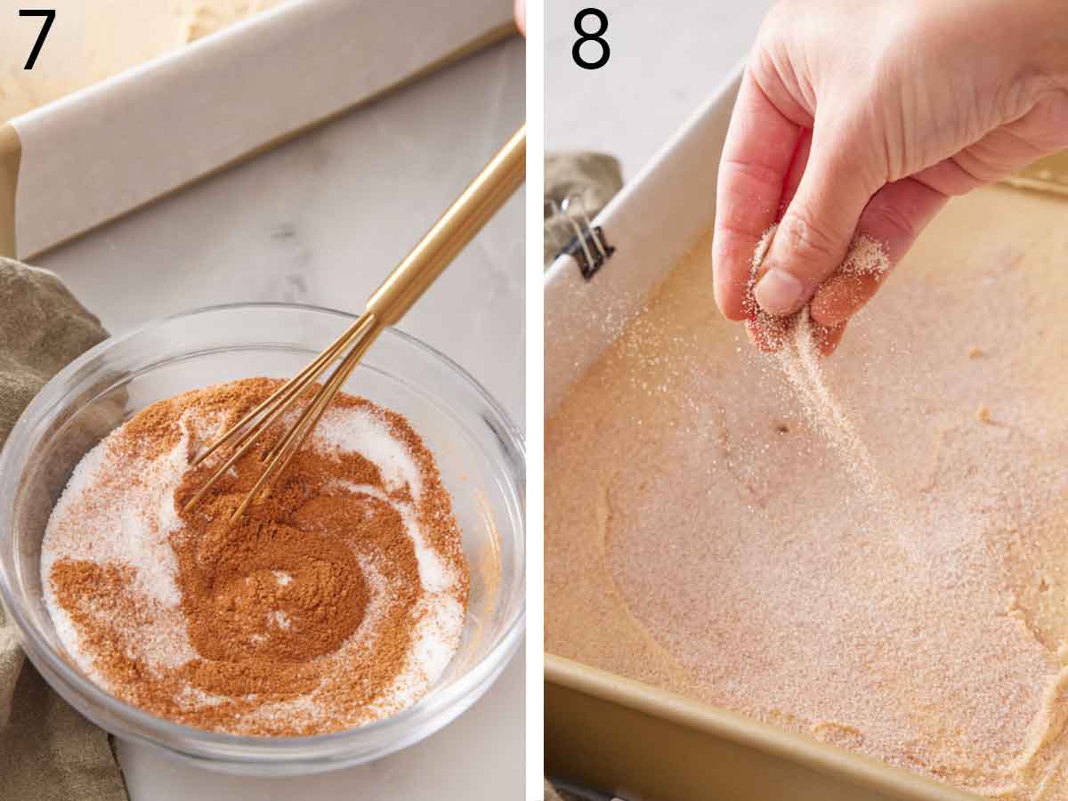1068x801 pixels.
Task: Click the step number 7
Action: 36,39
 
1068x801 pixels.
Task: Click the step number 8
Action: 590,39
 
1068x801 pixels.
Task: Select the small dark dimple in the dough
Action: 781,428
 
